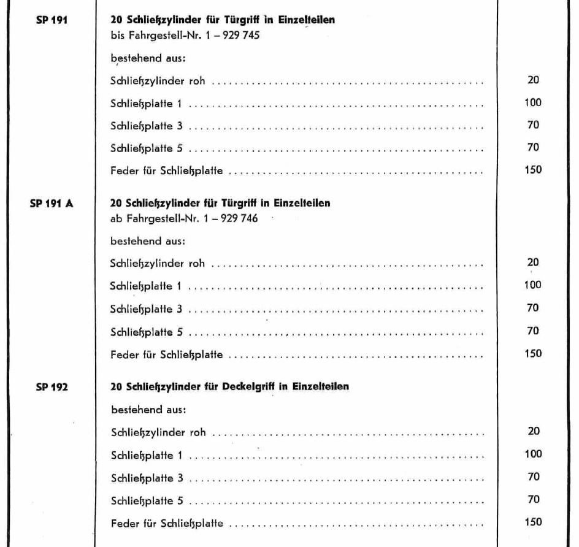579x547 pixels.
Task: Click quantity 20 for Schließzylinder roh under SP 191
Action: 533,80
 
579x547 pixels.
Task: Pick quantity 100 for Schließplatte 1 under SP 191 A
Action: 533,285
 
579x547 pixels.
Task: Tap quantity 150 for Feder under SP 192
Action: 533,522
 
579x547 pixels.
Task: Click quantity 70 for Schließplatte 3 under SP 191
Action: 533,125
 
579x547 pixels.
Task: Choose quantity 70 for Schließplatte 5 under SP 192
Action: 533,500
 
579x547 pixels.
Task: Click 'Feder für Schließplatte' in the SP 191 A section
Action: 167,354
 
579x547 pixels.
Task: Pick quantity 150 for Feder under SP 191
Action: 533,170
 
